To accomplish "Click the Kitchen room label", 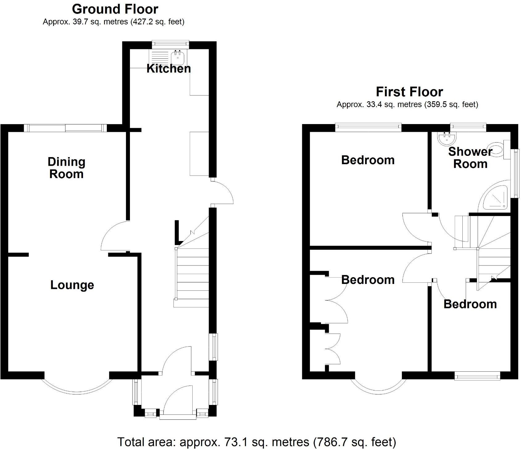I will [x=169, y=69].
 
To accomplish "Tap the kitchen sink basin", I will [x=178, y=56].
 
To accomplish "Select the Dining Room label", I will [x=66, y=168].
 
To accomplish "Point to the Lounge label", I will [x=72, y=285].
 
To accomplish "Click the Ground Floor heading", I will [x=115, y=9].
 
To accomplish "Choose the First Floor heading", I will [x=409, y=92].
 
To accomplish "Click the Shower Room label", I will [x=470, y=158].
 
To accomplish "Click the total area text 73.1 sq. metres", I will [x=256, y=442].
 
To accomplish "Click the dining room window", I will [x=65, y=128].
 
